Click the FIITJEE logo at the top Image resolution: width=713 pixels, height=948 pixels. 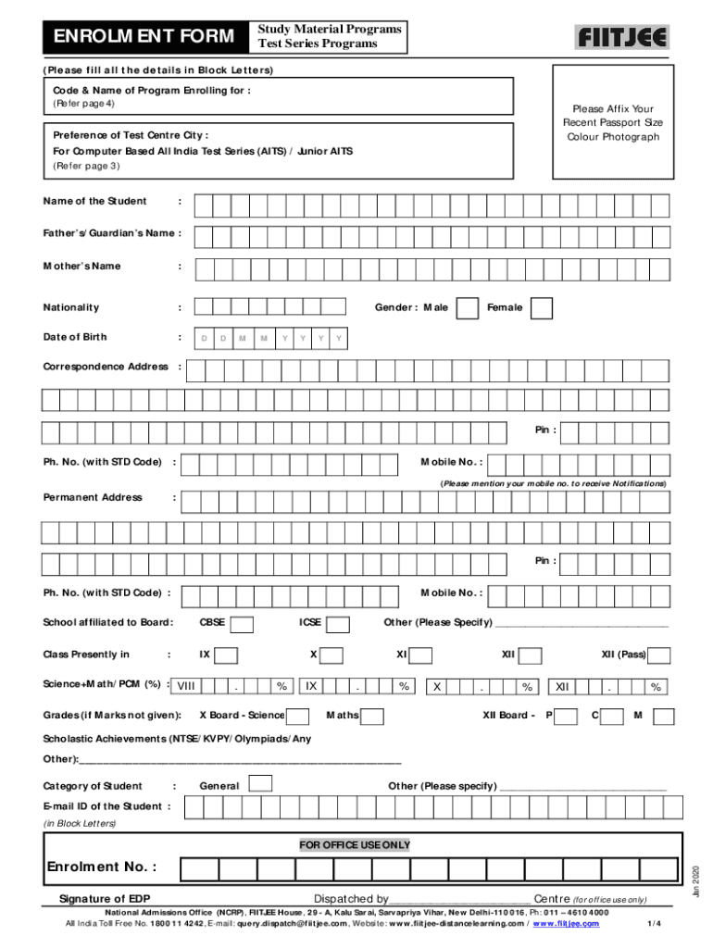click(x=622, y=37)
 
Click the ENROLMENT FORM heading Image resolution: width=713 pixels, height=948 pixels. click(x=144, y=37)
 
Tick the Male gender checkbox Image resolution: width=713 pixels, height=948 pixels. click(x=469, y=308)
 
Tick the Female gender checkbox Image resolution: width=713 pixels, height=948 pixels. click(x=542, y=308)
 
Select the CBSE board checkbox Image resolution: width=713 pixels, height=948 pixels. click(x=243, y=624)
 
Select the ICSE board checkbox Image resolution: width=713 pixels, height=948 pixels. click(x=338, y=624)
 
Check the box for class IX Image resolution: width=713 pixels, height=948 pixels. click(x=226, y=655)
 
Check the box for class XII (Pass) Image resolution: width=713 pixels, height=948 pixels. click(x=659, y=655)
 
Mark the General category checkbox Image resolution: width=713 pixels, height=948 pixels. click(x=262, y=784)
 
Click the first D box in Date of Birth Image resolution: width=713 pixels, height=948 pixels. click(x=204, y=339)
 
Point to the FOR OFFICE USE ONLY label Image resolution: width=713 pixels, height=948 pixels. click(x=355, y=845)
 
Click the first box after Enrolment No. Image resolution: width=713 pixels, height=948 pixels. click(x=199, y=868)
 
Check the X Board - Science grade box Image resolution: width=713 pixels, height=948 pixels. click(x=297, y=716)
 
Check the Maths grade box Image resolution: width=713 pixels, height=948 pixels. click(x=372, y=716)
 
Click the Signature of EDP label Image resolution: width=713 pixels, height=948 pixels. click(x=105, y=899)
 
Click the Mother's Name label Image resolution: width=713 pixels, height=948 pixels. click(x=81, y=267)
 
